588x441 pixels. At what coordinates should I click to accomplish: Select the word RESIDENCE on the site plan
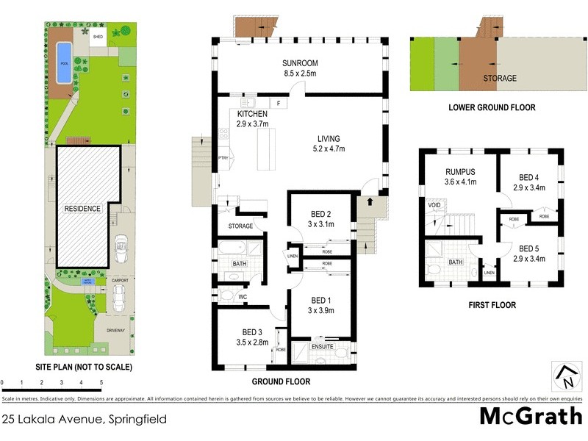click(x=82, y=209)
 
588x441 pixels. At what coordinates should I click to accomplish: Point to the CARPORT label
click(x=120, y=280)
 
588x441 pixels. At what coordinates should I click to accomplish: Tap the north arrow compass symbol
click(x=567, y=376)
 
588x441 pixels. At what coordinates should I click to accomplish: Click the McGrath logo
click(x=530, y=416)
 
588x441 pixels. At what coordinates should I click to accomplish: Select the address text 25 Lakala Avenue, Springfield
click(x=84, y=420)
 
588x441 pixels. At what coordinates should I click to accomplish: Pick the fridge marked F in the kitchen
click(x=279, y=104)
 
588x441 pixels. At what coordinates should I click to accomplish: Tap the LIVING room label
click(x=329, y=139)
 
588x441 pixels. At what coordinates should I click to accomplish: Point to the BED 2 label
click(x=321, y=215)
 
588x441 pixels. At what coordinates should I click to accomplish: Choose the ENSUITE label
click(x=322, y=346)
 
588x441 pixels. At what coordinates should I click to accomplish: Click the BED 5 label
click(x=527, y=249)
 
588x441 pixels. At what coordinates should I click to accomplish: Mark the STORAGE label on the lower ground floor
click(x=499, y=78)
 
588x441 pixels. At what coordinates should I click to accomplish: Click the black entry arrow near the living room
click(x=370, y=200)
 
